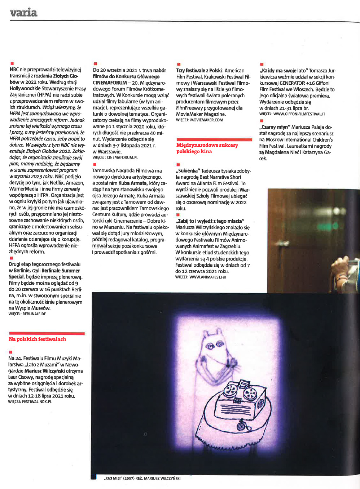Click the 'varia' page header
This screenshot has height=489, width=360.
point(23,13)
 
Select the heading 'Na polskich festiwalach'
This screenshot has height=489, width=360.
point(38,339)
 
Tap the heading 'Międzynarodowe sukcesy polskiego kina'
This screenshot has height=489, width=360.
point(207,148)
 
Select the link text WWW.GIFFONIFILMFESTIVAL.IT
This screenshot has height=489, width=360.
point(299,114)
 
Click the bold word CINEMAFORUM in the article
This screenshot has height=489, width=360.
point(110,83)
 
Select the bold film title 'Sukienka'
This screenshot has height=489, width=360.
point(188,171)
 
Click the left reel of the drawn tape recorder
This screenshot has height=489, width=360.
point(229,390)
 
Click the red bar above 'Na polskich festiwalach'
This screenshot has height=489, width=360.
point(47,333)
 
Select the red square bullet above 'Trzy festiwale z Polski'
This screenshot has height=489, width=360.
point(179,64)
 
